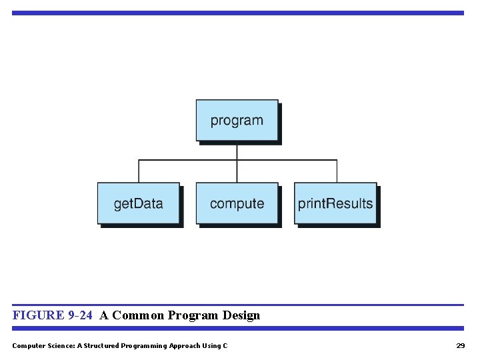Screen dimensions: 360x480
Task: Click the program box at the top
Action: click(237, 121)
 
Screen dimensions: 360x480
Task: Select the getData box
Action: click(138, 203)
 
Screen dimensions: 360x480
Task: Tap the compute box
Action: click(237, 203)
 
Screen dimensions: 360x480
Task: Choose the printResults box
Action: click(335, 203)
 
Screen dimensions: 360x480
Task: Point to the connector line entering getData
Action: click(139, 171)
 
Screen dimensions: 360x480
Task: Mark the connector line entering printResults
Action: click(337, 171)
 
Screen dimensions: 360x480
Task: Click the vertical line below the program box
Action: click(237, 151)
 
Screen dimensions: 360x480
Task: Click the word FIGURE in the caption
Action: click(38, 315)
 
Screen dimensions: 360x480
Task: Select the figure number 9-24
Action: click(80, 315)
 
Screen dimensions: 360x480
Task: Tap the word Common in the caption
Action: click(138, 315)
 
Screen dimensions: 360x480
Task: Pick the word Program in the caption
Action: click(193, 315)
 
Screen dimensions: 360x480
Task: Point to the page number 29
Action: click(460, 345)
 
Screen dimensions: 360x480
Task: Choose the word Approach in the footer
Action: click(187, 345)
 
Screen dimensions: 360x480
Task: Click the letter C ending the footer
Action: click(225, 345)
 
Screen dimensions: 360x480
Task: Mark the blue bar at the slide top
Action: click(237, 13)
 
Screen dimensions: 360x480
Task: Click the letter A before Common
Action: click(103, 315)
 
